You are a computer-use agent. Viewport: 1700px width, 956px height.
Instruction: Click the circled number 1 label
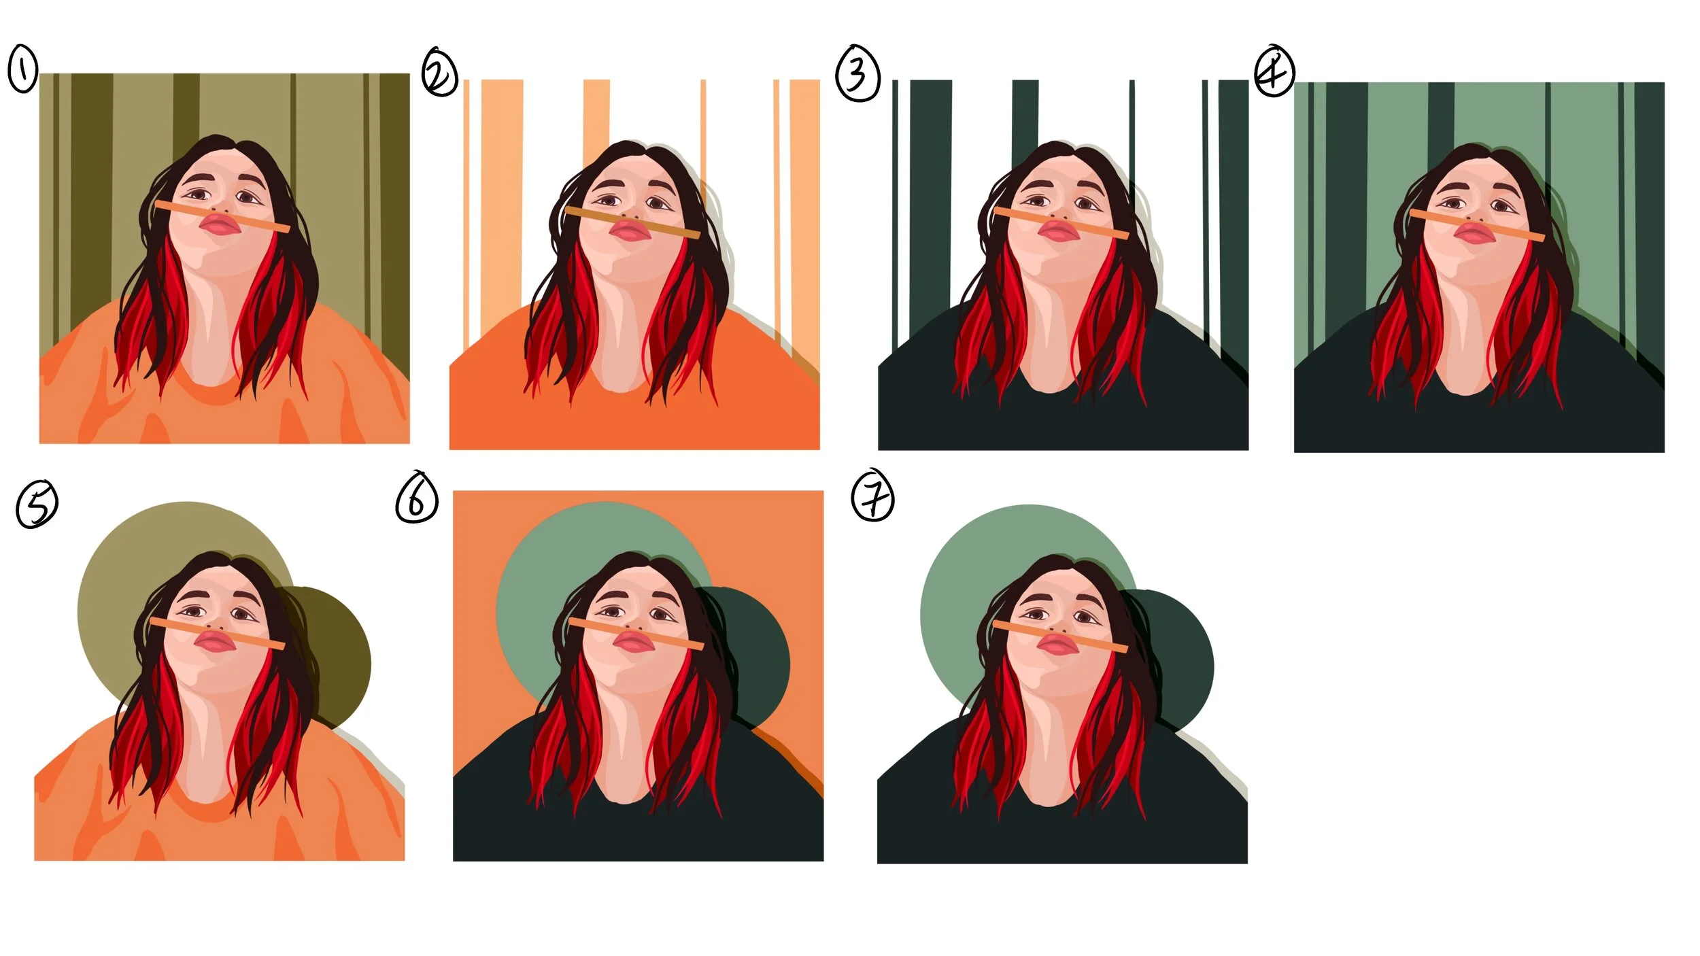point(22,70)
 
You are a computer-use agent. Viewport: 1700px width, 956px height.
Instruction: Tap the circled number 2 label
point(439,73)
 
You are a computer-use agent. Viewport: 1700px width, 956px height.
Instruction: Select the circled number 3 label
point(858,73)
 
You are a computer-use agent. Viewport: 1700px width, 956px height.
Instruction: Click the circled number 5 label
point(37,505)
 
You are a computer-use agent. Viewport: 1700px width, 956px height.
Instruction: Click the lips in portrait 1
point(219,225)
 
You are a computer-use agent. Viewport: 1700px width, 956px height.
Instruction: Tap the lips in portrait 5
point(215,641)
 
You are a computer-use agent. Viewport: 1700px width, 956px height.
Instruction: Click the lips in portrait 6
point(633,641)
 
